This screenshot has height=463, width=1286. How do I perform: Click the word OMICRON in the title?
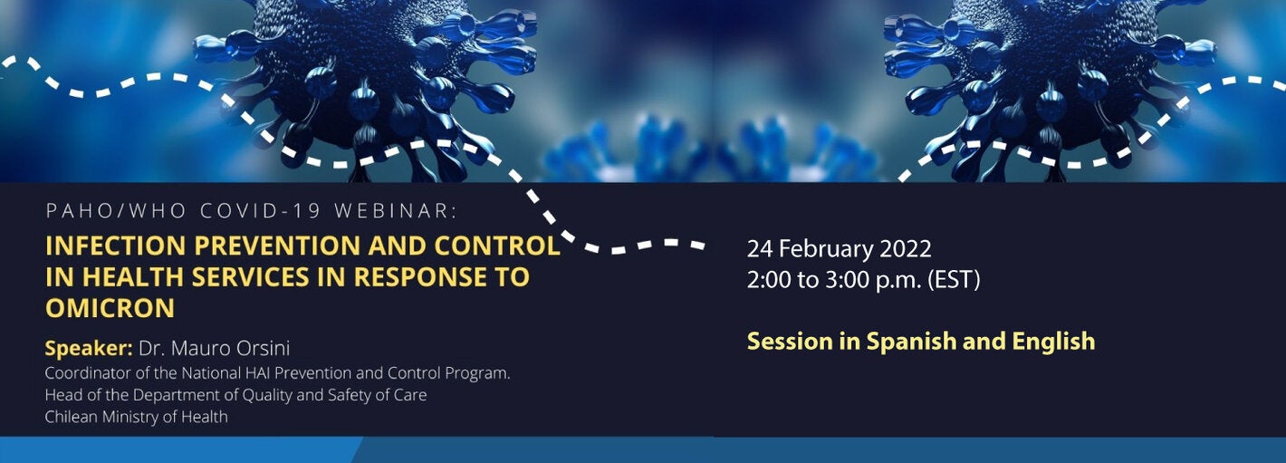click(x=110, y=308)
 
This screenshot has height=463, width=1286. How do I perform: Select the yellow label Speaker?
click(x=89, y=349)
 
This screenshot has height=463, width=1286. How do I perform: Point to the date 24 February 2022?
click(x=839, y=248)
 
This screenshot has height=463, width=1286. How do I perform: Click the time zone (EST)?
click(x=954, y=280)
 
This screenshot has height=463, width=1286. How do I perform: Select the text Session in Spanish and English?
click(x=920, y=342)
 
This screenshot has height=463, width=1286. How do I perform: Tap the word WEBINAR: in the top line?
click(x=397, y=211)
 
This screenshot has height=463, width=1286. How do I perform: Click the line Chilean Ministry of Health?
click(x=136, y=417)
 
